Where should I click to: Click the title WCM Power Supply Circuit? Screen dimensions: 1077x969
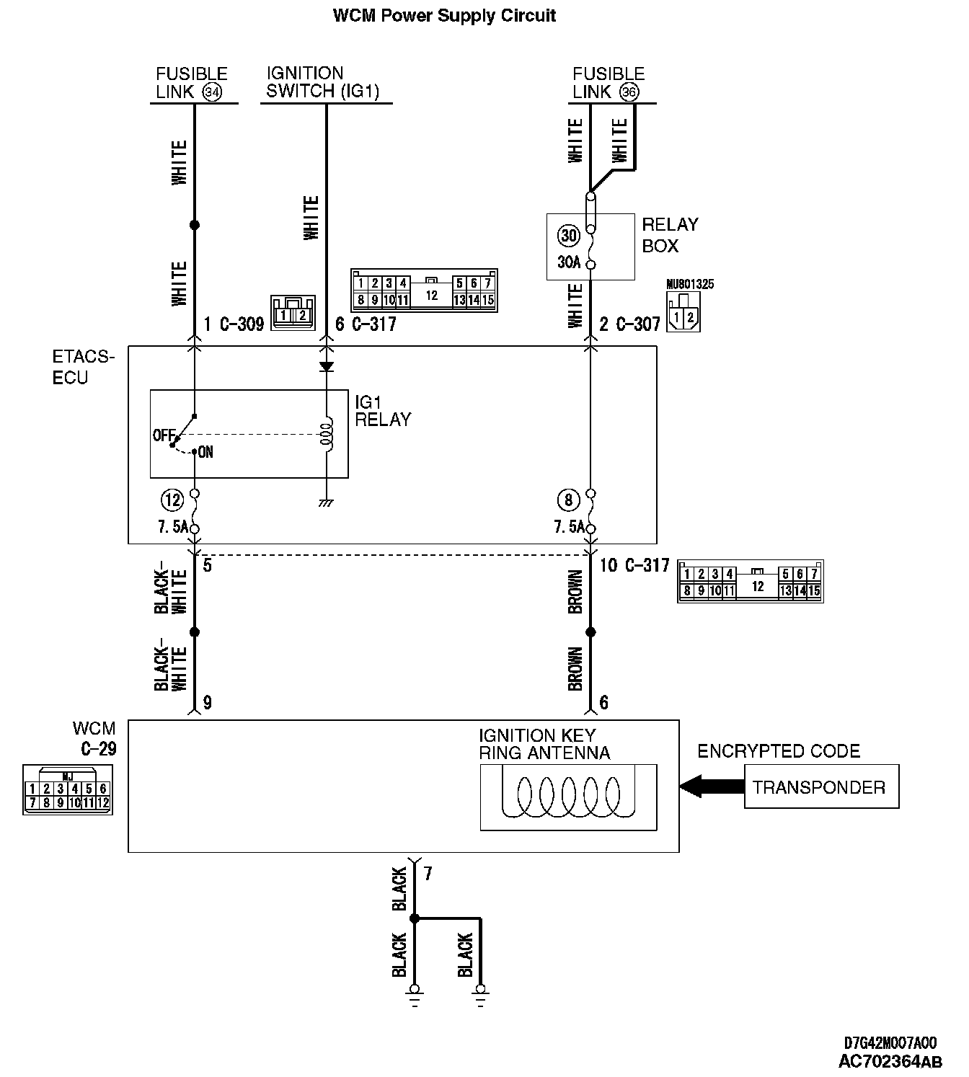pos(444,16)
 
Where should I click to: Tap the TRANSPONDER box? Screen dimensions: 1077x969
pos(821,787)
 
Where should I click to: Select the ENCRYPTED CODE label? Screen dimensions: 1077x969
pos(779,751)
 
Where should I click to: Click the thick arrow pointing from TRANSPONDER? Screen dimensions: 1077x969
pos(711,786)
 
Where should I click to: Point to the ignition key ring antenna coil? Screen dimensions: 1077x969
pos(569,797)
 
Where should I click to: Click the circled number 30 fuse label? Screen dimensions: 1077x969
pos(569,236)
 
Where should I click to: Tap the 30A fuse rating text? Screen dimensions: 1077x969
pos(569,262)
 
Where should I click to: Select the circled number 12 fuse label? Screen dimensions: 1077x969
pos(172,499)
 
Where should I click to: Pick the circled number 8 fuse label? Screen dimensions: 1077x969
pos(568,499)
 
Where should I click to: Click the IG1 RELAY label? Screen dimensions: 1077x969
pos(382,410)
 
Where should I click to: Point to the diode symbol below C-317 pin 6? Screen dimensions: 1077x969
pos(327,366)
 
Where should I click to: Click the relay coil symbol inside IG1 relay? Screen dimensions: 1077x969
pos(328,434)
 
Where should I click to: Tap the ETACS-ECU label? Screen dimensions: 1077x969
pos(84,367)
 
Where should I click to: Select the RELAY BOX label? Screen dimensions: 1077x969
pos(670,235)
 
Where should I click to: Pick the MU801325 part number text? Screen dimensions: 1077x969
pos(690,284)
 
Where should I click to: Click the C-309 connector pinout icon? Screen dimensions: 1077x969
pos(293,313)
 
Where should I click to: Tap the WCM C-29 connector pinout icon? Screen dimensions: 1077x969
pos(68,790)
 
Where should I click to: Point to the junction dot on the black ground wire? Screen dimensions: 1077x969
pos(414,919)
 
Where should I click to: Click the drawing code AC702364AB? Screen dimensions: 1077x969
pos(890,1062)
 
